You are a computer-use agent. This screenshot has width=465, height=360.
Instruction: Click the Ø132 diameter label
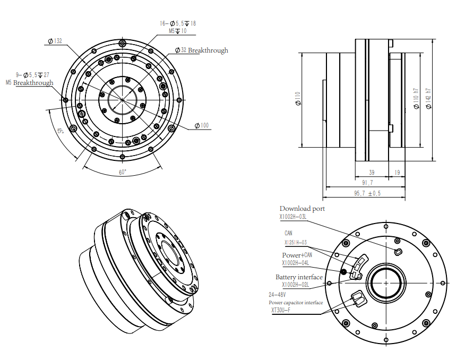coord(55,41)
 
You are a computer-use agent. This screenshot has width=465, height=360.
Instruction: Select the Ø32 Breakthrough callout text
coord(202,50)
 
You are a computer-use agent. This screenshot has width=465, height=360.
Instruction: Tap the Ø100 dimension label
coord(202,126)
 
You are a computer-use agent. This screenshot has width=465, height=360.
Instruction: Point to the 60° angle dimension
coord(123,172)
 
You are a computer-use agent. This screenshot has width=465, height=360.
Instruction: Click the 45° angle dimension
coord(59,131)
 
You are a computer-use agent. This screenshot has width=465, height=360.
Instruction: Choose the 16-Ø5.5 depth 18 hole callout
coord(178,24)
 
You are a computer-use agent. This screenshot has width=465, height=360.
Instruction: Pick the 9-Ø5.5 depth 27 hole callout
coord(33,75)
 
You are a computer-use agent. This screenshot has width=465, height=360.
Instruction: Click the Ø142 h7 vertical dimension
coord(428,99)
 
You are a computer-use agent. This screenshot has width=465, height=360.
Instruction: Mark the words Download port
coord(302,209)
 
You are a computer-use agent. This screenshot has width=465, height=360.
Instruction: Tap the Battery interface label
coord(299,277)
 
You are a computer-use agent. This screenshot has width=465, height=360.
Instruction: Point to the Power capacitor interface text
coord(296,303)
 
